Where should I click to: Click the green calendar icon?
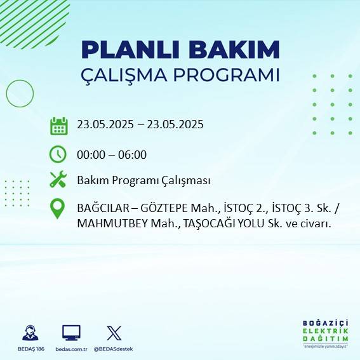point(58,125)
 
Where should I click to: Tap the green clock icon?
point(58,154)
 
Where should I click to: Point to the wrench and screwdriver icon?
point(58,180)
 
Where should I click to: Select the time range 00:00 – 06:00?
point(112,154)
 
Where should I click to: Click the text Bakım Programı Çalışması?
point(143,180)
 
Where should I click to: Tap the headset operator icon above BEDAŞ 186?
point(29,333)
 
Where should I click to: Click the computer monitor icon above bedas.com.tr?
point(71,333)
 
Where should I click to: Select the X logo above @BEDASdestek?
point(114,333)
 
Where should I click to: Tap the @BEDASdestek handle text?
point(114,349)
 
